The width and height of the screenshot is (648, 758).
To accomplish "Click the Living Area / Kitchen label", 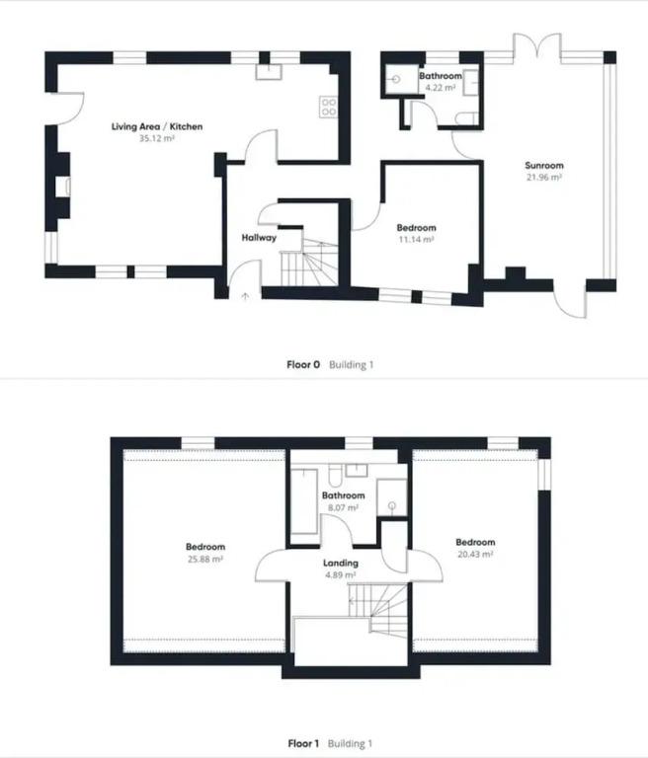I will pos(157,127).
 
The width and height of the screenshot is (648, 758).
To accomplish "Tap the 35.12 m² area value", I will pos(157,139).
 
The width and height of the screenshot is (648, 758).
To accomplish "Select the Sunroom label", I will pos(543,166).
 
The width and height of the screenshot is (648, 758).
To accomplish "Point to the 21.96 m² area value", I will pos(543,178).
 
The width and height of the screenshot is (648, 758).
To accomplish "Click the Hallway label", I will pos(259,238).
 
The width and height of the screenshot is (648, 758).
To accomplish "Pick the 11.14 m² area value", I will pos(415,239).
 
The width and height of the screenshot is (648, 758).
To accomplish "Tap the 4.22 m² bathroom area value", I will pos(440,88).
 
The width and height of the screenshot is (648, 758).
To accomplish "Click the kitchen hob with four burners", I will pos(329,108).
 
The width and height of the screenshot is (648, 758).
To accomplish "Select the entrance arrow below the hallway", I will pos(243,293).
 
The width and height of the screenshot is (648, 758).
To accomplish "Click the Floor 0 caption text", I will pos(303,365).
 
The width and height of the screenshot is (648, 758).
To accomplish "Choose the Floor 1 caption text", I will pos(303,743).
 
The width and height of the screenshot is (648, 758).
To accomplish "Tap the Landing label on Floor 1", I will pos(341,564).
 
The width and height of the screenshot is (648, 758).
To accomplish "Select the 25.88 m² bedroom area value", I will pos(205,559).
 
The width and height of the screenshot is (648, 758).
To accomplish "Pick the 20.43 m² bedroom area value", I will pos(475,554).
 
